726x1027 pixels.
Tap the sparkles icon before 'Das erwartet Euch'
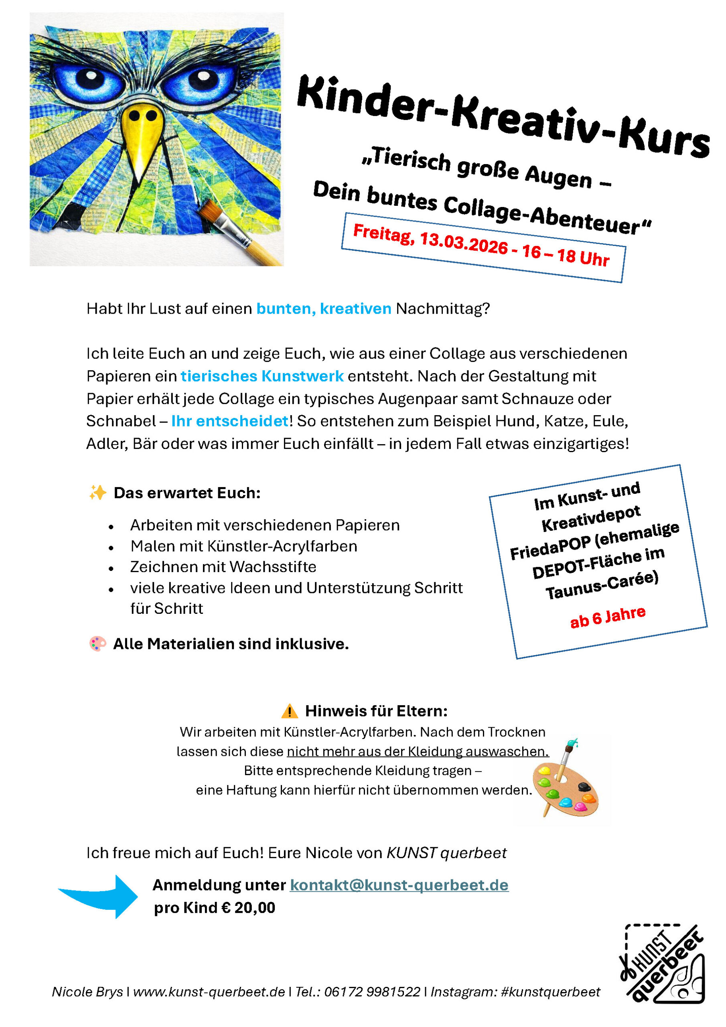click(97, 493)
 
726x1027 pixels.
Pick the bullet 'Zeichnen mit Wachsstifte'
click(223, 567)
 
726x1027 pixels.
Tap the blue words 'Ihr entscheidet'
click(230, 421)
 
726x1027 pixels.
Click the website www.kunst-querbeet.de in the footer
click(209, 992)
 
